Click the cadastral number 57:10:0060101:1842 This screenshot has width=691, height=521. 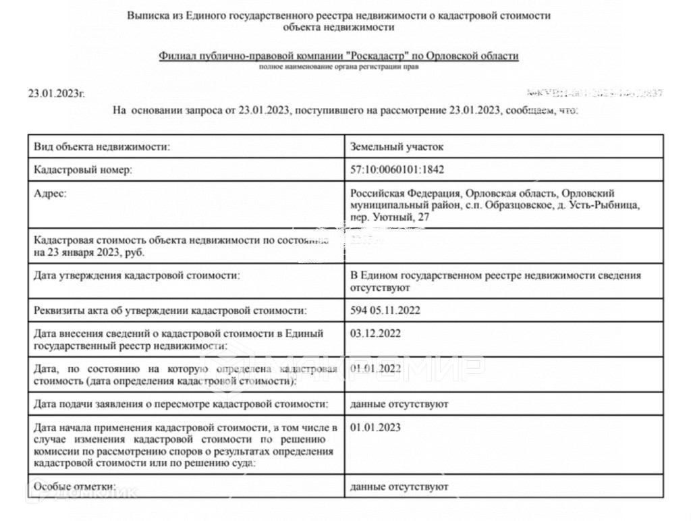tap(397, 170)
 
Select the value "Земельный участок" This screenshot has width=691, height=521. tap(397, 146)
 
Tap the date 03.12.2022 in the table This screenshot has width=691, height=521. tap(376, 333)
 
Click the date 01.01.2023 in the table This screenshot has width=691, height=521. tap(376, 427)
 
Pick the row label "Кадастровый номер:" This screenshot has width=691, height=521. tap(83, 170)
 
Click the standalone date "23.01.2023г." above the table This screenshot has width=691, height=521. tap(57, 94)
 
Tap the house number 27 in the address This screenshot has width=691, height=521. tap(423, 217)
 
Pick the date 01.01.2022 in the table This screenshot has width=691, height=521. tap(376, 368)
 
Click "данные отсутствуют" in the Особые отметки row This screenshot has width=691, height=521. tap(399, 486)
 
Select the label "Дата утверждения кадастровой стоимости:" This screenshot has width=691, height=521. tap(136, 275)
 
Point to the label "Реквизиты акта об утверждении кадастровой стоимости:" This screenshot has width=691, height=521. tap(170, 310)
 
